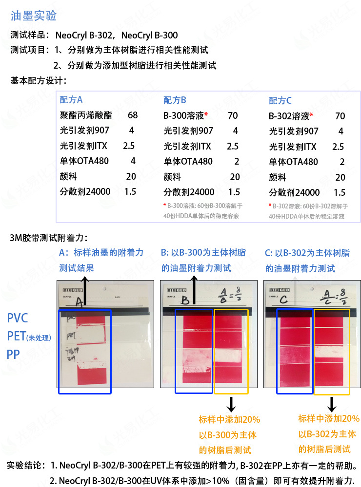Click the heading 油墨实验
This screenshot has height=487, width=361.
point(34,16)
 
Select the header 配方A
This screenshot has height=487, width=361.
point(71,100)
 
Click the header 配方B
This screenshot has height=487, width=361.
point(175,100)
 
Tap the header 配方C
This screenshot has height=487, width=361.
point(280,101)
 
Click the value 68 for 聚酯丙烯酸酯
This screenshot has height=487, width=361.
point(133,115)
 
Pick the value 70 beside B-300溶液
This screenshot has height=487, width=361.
point(233,116)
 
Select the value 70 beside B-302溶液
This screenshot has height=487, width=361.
point(340,116)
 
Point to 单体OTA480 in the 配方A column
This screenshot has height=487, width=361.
point(84,161)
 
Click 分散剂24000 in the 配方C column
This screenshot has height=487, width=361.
point(294,192)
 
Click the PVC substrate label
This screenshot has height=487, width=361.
point(18,318)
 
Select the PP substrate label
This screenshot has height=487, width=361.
point(13,354)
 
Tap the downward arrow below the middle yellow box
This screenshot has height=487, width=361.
point(231,403)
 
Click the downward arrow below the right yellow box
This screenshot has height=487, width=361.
point(332,403)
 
